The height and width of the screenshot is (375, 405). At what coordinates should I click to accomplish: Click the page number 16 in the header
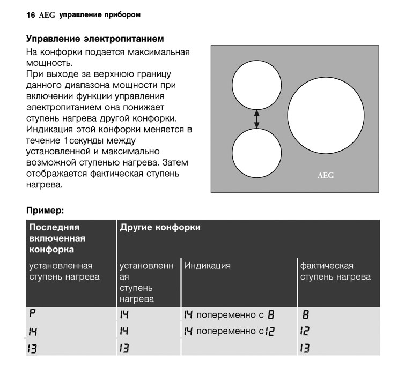click(x=30, y=15)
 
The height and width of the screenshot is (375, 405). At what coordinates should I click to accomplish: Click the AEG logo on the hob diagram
click(x=326, y=175)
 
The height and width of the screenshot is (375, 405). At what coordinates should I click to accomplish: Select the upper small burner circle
click(x=256, y=84)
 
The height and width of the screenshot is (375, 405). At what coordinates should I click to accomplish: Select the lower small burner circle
click(x=256, y=153)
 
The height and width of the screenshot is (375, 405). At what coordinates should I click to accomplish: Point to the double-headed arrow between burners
click(x=256, y=119)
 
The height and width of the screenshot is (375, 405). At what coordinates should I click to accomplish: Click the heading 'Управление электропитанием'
click(x=95, y=40)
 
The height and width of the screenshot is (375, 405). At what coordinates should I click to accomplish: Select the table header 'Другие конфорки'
click(x=160, y=228)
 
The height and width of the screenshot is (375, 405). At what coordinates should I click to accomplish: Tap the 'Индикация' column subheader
click(x=208, y=266)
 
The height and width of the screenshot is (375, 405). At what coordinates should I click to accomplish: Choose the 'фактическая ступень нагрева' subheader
click(x=335, y=271)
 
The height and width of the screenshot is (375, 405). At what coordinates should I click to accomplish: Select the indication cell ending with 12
click(x=231, y=331)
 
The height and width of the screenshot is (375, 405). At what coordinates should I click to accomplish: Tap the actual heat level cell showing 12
click(x=305, y=331)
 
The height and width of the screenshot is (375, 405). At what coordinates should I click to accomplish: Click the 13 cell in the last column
click(x=305, y=348)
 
